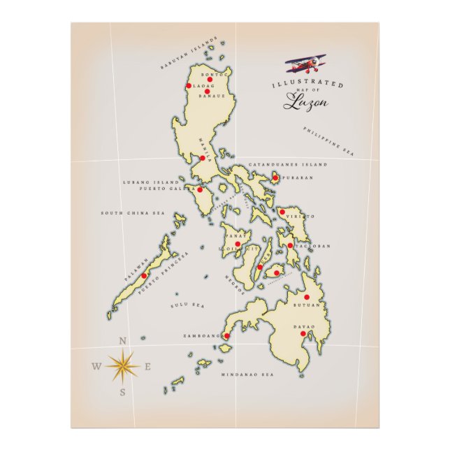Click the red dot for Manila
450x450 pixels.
(203, 158)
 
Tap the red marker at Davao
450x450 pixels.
(303, 334)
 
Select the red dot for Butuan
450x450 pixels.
(306, 297)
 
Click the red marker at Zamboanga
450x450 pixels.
(226, 336)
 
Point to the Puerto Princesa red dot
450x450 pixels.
(144, 276)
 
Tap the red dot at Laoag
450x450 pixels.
(189, 87)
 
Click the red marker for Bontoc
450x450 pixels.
(210, 80)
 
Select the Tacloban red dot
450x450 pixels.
(290, 245)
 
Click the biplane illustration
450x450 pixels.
(306, 66)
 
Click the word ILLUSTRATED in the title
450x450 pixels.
(308, 85)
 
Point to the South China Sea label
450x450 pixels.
(133, 213)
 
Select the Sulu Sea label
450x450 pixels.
(187, 305)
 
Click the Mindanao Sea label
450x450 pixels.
(247, 375)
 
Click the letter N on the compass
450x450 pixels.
(123, 341)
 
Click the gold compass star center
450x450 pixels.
(123, 365)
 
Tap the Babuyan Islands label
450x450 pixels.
(189, 53)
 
